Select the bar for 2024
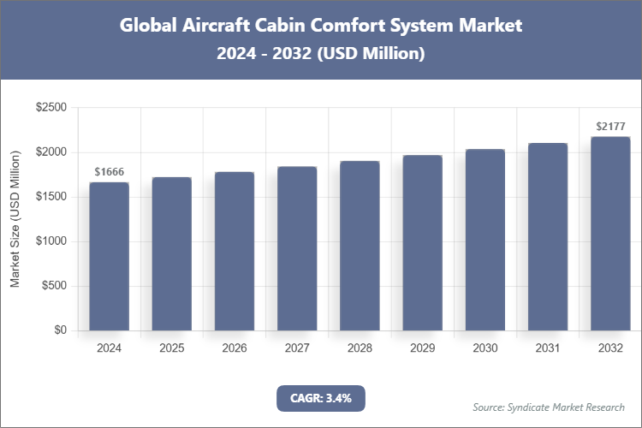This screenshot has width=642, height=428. coord(109,256)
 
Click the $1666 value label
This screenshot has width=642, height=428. coord(109,172)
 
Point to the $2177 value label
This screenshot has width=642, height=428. coord(609,127)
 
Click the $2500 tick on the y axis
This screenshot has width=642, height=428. coord(51,108)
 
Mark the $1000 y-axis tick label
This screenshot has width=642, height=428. coord(51,241)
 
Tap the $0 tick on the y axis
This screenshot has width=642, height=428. coord(59,330)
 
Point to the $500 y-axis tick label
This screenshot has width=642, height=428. coord(54,286)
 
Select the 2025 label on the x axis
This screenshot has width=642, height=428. coord(171,348)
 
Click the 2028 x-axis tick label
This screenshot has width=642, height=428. coord(360,348)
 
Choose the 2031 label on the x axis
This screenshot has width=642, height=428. coord(547,348)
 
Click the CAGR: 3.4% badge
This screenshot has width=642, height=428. coord(321,398)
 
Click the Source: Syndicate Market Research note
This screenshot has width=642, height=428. coord(549,407)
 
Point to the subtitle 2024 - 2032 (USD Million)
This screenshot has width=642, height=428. coord(321,54)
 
